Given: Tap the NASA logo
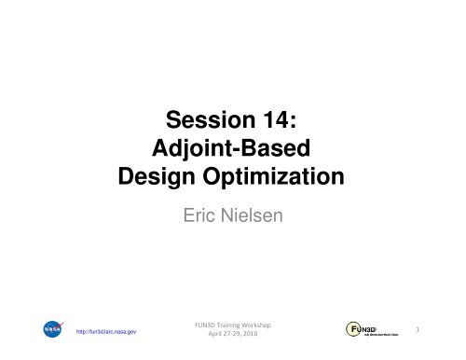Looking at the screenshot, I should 52,331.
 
